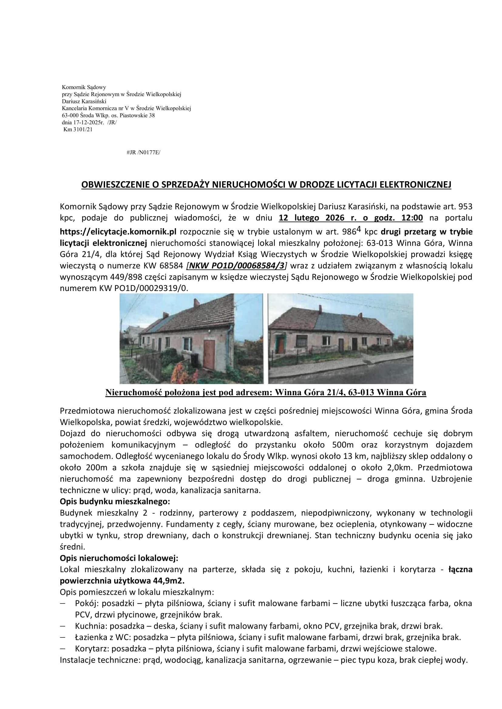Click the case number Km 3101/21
pyautogui.click(x=78, y=130)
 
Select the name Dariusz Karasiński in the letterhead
pyautogui.click(x=84, y=101)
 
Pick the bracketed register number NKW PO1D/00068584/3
pyautogui.click(x=236, y=266)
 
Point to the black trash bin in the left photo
pyautogui.click(x=195, y=360)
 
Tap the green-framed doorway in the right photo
pyautogui.click(x=281, y=344)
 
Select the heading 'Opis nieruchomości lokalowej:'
pyautogui.click(x=119, y=558)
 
